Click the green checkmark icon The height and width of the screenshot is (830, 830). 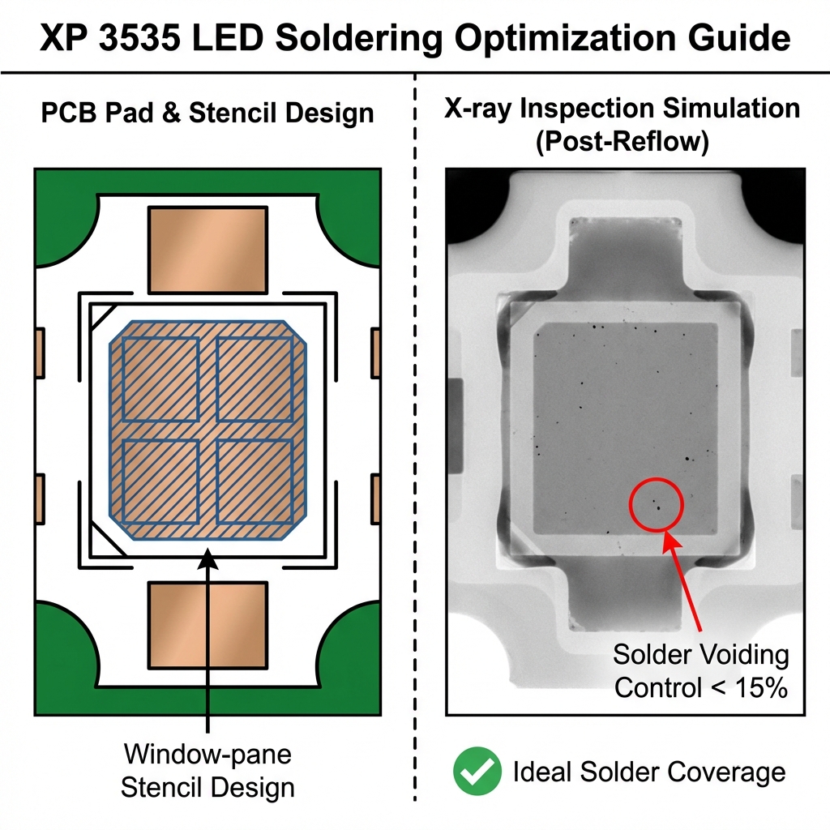tap(477, 772)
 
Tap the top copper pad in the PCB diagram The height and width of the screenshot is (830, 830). tap(207, 249)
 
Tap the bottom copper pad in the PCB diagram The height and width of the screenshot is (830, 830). tap(207, 624)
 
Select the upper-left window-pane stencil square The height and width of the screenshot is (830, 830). tap(160, 379)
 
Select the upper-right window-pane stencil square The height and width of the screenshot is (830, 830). tap(255, 379)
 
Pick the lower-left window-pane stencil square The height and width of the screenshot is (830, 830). tap(160, 481)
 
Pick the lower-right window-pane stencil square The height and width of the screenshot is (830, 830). tap(255, 481)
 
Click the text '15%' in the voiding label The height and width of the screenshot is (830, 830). tap(759, 688)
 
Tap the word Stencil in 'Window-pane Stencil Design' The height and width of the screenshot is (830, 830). tap(161, 786)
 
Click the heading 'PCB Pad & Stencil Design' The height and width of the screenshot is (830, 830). tap(207, 113)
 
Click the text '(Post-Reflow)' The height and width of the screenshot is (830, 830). tap(622, 142)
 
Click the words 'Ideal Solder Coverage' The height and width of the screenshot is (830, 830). tap(648, 772)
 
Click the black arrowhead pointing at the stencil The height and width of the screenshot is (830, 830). tap(208, 556)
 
